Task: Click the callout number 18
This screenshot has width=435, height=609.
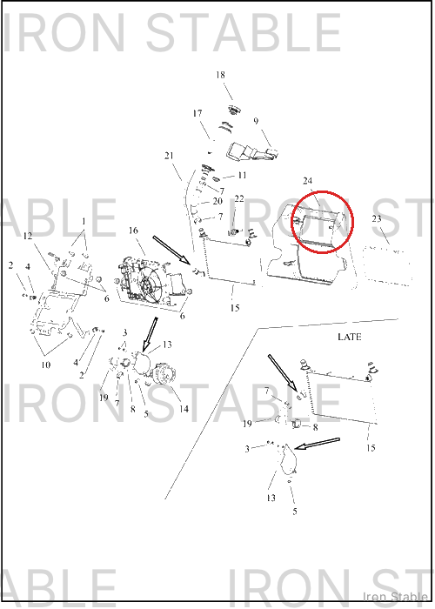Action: pos(220,75)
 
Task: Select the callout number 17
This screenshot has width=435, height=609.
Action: pos(197,113)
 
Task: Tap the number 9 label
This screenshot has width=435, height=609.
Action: pos(256,121)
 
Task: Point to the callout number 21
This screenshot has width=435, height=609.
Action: pos(169,156)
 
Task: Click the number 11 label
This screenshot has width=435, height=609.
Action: pos(242,176)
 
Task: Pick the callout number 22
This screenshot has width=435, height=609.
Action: pos(239,199)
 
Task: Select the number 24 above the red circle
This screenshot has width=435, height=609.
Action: pos(308,181)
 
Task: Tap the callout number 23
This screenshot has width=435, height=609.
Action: pos(377,218)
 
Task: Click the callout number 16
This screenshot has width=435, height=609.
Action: pos(133,231)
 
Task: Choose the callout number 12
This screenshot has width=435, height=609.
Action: pos(28,236)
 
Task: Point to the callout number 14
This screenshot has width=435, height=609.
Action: pos(184,409)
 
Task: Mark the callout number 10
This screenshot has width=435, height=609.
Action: pos(46,365)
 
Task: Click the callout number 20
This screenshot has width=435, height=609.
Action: pos(217,201)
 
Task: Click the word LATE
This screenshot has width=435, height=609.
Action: pos(350,337)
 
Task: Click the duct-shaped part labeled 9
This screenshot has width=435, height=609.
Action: pos(252,152)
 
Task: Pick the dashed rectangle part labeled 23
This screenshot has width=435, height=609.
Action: pos(387,265)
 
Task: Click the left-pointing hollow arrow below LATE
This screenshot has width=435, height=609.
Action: pos(318,444)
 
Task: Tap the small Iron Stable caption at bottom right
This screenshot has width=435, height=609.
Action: pos(395,596)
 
